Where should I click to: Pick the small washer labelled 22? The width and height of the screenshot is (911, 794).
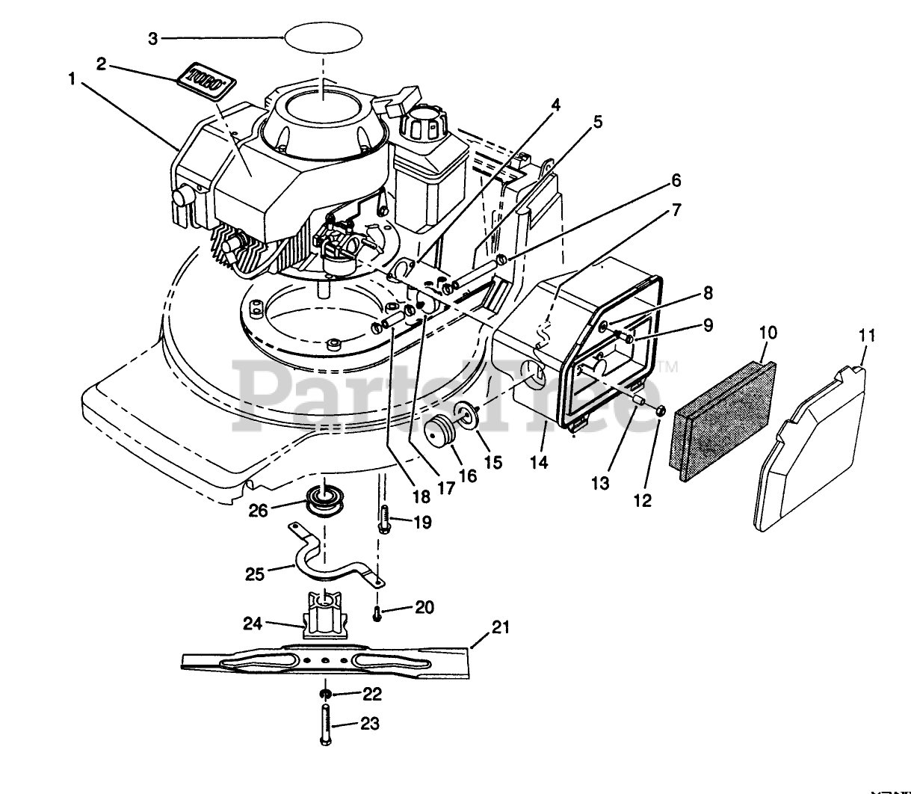(325, 695)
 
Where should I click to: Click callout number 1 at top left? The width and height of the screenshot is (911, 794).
(72, 79)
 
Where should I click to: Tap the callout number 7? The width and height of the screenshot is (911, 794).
(676, 210)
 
